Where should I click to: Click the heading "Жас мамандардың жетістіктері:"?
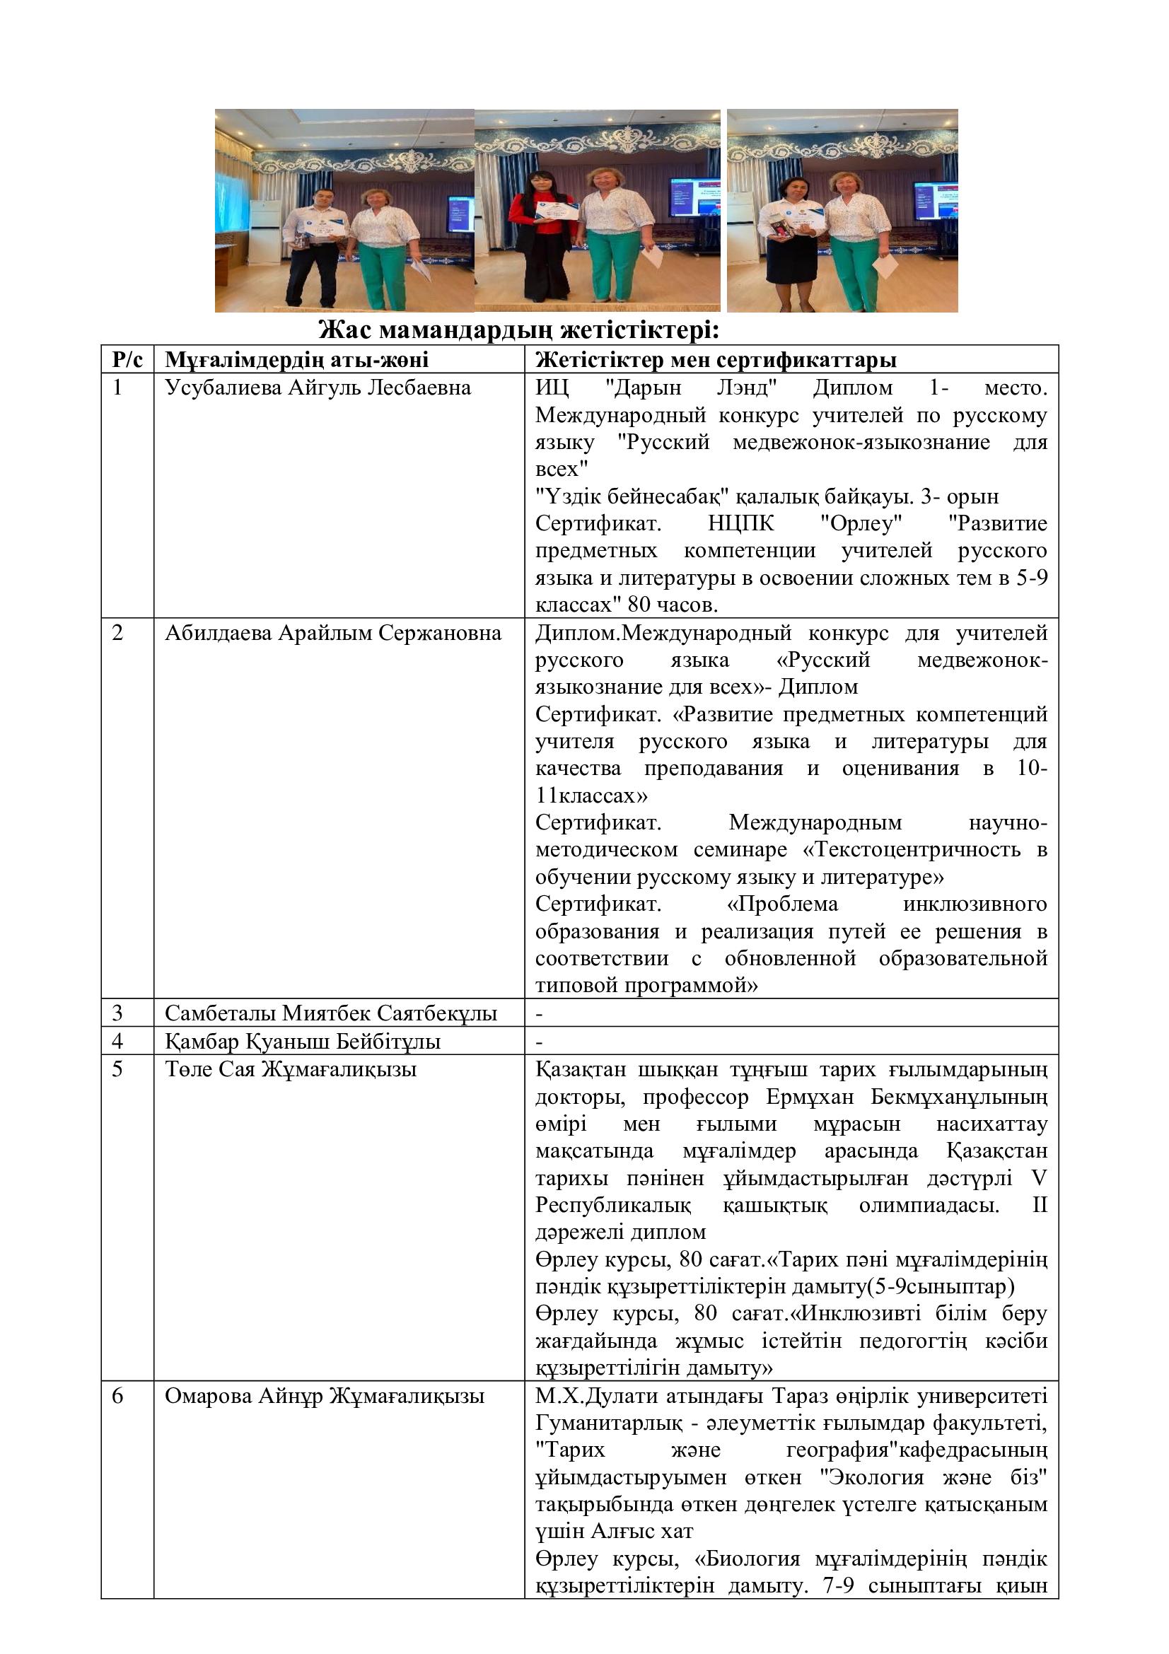pyautogui.click(x=518, y=331)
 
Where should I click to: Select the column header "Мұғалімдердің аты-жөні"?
pyautogui.click(x=296, y=359)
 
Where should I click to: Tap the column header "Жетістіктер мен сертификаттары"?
pyautogui.click(x=715, y=359)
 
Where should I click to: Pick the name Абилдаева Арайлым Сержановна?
pyautogui.click(x=333, y=633)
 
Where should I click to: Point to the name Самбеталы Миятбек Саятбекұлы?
pyautogui.click(x=330, y=1013)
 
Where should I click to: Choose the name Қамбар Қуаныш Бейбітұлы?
pyautogui.click(x=303, y=1042)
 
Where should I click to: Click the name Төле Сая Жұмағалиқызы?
pyautogui.click(x=290, y=1070)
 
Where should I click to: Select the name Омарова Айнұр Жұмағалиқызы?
pyautogui.click(x=324, y=1396)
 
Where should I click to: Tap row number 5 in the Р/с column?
pyautogui.click(x=118, y=1070)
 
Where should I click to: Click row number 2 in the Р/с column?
pyautogui.click(x=118, y=633)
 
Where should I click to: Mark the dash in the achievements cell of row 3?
pyautogui.click(x=540, y=1014)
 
